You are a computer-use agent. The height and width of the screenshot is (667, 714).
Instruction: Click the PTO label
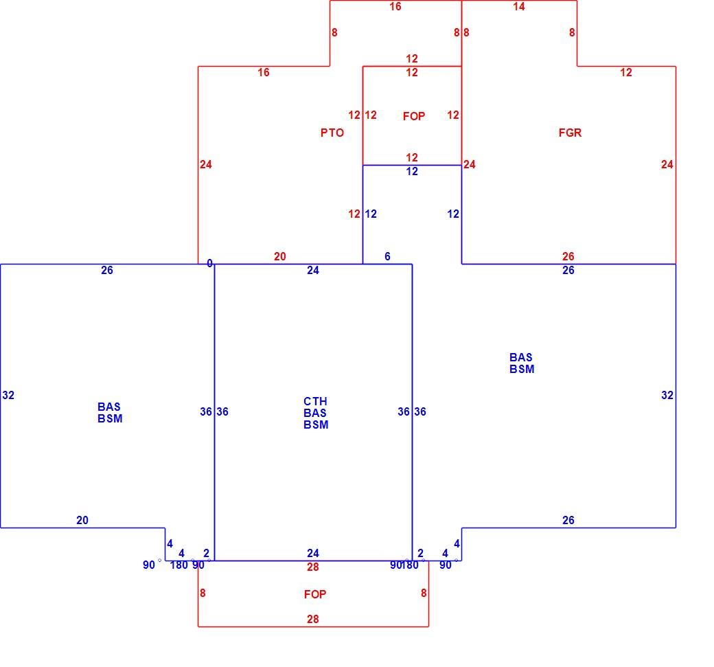pyautogui.click(x=332, y=133)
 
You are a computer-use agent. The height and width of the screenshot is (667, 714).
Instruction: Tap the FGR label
pyautogui.click(x=570, y=133)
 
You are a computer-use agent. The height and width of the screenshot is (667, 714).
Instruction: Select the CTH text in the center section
pyautogui.click(x=315, y=401)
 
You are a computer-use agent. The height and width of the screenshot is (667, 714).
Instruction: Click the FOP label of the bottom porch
pyautogui.click(x=315, y=594)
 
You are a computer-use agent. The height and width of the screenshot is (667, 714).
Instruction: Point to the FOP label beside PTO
pyautogui.click(x=414, y=116)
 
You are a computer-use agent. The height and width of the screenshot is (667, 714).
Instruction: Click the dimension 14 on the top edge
pyautogui.click(x=518, y=6)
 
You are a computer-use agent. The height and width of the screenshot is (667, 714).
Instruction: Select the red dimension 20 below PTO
pyautogui.click(x=280, y=256)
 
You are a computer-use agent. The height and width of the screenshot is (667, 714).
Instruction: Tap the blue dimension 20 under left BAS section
pyautogui.click(x=82, y=520)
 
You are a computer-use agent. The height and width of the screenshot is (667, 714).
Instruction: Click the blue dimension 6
pyautogui.click(x=387, y=256)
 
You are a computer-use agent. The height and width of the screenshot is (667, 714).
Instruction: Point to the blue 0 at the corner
pyautogui.click(x=209, y=263)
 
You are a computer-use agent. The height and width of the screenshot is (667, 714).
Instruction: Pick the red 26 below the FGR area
pyautogui.click(x=568, y=256)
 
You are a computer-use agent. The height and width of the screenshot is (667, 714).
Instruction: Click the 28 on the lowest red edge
pyautogui.click(x=313, y=619)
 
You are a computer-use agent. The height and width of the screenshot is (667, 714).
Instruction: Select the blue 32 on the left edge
pyautogui.click(x=8, y=395)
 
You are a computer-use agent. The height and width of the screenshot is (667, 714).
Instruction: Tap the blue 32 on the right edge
pyautogui.click(x=667, y=395)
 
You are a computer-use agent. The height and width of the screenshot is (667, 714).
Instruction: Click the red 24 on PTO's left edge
pyautogui.click(x=206, y=164)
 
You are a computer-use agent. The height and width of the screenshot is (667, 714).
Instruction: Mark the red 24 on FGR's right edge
pyautogui.click(x=667, y=164)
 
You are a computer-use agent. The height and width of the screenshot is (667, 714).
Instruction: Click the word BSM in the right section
pyautogui.click(x=522, y=369)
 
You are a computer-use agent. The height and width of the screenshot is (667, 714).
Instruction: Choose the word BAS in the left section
pyautogui.click(x=109, y=407)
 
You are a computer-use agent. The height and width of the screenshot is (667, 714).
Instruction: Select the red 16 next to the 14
pyautogui.click(x=395, y=6)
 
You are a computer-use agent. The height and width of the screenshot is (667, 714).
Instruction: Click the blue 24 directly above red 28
pyautogui.click(x=313, y=553)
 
